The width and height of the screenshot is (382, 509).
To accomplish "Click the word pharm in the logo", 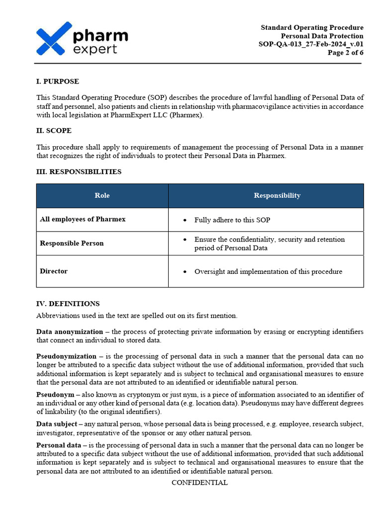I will tap(100, 36).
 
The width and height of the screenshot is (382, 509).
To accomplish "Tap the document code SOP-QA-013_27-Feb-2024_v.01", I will tap(311, 44).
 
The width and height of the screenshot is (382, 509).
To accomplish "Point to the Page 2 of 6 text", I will tap(345, 53).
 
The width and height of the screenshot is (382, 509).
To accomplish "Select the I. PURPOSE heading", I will tap(57, 81).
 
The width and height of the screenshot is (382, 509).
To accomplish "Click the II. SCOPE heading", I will tap(54, 131).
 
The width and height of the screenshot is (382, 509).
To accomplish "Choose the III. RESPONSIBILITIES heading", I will tap(79, 171).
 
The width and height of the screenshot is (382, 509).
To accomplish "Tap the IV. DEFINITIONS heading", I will tap(68, 303).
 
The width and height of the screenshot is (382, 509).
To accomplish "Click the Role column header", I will tap(102, 195).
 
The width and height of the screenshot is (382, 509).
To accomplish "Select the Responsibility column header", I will tap(277, 195).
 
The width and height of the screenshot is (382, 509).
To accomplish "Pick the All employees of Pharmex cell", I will tap(83, 219).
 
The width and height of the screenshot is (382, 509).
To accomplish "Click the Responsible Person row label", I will tap(72, 244).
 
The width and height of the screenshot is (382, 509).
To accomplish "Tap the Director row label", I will tap(54, 271).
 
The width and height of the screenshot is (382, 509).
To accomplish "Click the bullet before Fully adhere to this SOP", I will tap(185, 220).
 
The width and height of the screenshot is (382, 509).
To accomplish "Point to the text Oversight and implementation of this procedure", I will tap(268, 271).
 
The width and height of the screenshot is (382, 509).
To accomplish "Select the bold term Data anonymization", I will tap(69, 332).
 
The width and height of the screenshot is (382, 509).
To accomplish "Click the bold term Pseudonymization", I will tap(66, 356).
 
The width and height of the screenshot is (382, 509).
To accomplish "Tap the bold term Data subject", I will tap(56, 424).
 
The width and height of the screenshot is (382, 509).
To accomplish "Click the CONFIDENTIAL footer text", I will tap(199, 483).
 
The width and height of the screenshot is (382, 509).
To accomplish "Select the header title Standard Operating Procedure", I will tap(312, 27).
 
